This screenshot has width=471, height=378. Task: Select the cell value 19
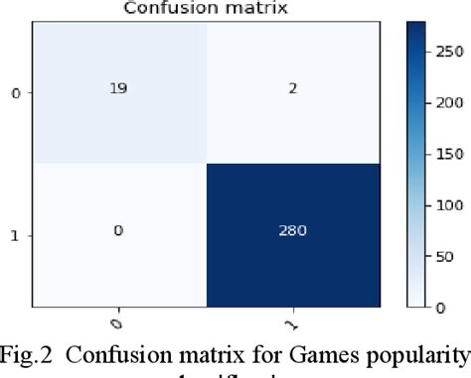coord(119,87)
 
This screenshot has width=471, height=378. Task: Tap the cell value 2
coord(294,87)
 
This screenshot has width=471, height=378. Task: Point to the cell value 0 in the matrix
coord(119,231)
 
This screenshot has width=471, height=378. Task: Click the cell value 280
coord(294,231)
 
